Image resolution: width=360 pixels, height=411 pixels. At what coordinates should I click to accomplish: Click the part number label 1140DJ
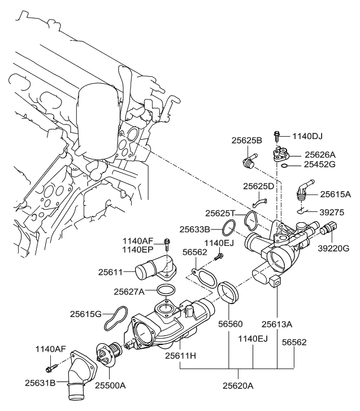(x=311, y=136)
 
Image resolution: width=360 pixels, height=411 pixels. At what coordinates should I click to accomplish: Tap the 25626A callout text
(x=320, y=154)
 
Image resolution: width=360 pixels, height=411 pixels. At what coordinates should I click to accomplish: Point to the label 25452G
(x=320, y=165)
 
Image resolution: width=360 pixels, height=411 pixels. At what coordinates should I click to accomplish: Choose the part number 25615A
(x=335, y=194)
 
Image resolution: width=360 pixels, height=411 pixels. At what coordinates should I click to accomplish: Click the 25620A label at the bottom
(x=238, y=387)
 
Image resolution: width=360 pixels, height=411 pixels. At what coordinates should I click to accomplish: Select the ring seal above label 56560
(x=229, y=292)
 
